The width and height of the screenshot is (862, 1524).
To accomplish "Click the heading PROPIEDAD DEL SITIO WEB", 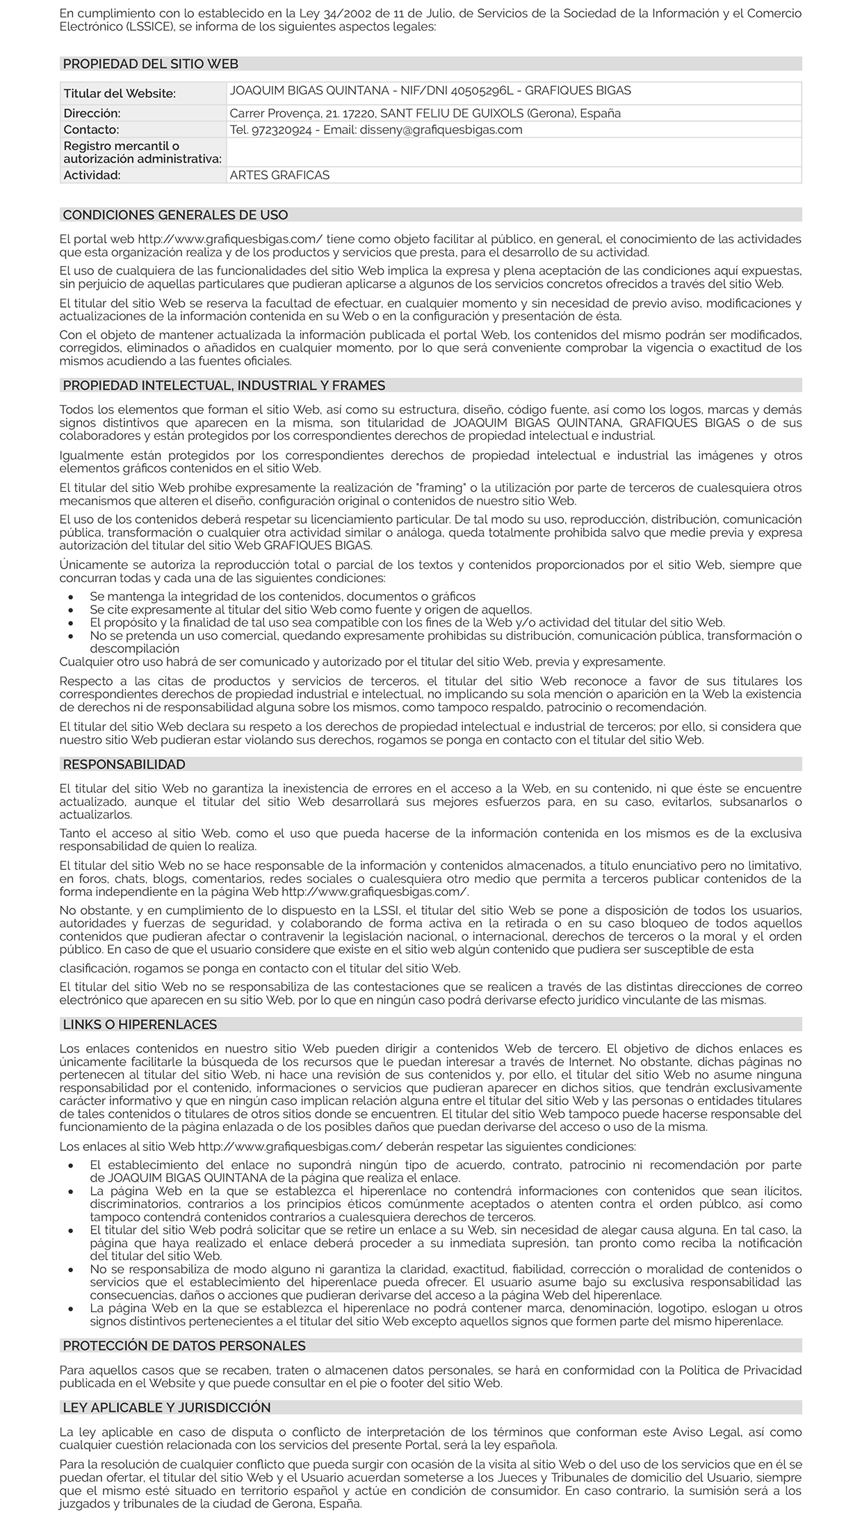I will point(150,64).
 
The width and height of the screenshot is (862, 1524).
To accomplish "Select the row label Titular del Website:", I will point(120,94).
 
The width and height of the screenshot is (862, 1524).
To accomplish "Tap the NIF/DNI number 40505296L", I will point(481,90).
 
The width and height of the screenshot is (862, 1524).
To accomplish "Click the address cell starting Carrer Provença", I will point(425,113).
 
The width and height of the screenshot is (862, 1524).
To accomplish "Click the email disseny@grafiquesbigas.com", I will point(441,130).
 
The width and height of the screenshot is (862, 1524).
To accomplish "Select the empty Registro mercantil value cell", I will point(514,152).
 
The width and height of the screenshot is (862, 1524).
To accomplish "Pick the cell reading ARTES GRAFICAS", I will point(279,175).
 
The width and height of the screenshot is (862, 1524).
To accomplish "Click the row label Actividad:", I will point(92,175).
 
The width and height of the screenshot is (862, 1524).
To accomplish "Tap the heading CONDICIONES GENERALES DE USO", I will point(175,215).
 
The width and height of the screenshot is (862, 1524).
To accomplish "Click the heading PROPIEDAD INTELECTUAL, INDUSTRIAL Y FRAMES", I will point(224,386).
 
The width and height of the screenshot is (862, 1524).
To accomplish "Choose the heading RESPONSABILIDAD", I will point(124,764).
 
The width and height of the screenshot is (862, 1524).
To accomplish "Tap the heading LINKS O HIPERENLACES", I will point(140,1025).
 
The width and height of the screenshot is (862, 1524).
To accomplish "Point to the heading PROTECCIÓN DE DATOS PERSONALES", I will point(184,1345).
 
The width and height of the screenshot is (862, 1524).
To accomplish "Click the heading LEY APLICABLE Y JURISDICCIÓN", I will point(166,1407).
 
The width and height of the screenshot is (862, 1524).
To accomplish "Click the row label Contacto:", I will point(91,130).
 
